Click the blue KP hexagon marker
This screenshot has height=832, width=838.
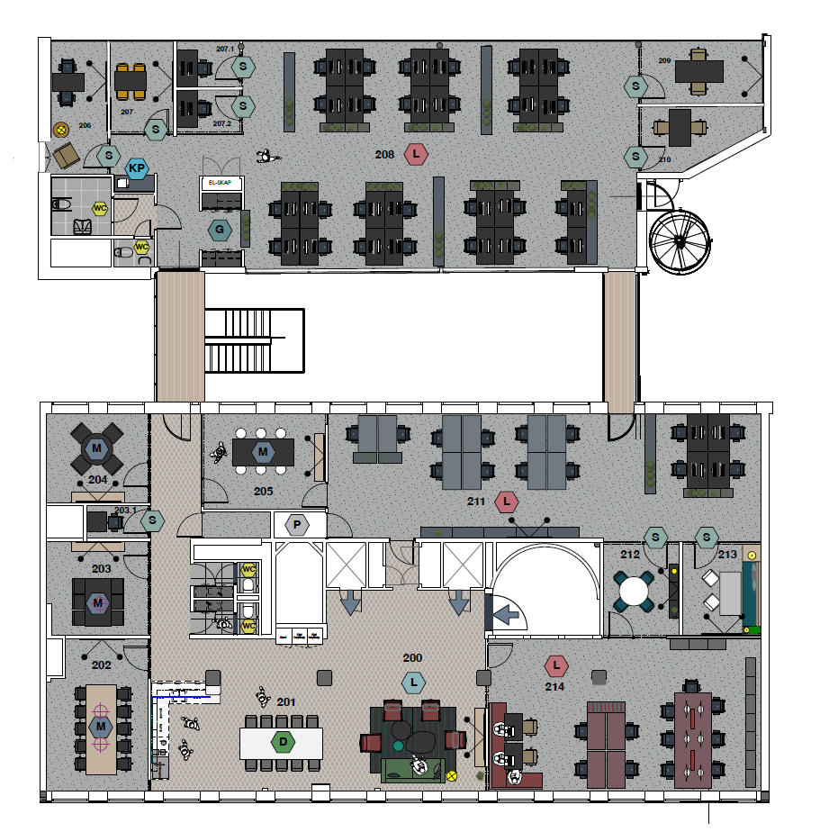click(137, 168)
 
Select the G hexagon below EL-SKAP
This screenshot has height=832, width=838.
click(220, 231)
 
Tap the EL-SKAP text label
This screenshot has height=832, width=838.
click(220, 183)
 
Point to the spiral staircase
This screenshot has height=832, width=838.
click(681, 241)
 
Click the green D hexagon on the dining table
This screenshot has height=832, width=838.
click(283, 743)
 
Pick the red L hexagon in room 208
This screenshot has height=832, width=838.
click(415, 155)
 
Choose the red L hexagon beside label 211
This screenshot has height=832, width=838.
click(508, 501)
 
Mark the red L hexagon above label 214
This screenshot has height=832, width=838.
click(556, 666)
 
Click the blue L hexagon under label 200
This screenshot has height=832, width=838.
click(413, 683)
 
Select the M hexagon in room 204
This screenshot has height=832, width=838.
click(96, 447)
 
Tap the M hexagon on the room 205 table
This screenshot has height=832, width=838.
click(263, 450)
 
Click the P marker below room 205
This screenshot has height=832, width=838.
click(295, 524)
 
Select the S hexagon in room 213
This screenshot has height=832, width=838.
click(707, 538)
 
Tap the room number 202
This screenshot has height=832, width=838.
click(101, 665)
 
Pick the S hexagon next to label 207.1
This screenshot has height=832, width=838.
click(243, 66)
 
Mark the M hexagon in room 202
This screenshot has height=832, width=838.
click(101, 726)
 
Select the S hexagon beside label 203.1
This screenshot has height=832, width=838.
click(153, 520)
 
